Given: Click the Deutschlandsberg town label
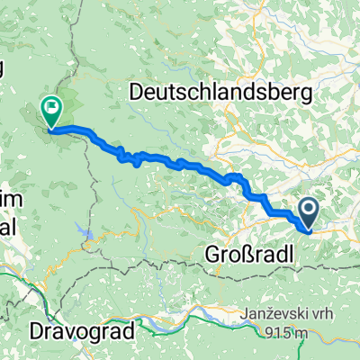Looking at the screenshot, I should (220, 92).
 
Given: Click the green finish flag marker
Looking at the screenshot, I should (50, 112).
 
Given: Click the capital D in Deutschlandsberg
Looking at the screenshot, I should (137, 92).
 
